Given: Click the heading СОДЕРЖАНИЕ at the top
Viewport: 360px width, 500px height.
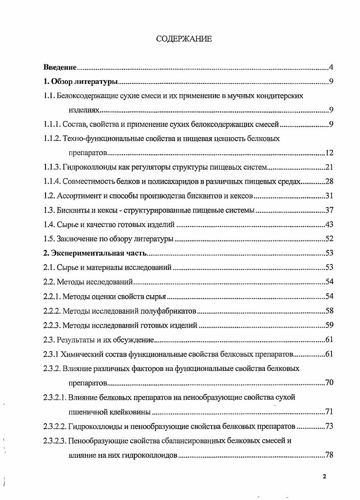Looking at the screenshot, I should click(x=184, y=39).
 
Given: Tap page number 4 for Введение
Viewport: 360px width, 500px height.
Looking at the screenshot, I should click(x=331, y=68).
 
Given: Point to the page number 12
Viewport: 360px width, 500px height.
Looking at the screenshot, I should click(x=329, y=153).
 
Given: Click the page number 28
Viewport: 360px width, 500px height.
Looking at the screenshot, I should click(x=329, y=182).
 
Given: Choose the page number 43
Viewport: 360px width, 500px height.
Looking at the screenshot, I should click(x=329, y=225).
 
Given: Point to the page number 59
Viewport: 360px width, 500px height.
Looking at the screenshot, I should click(x=329, y=325).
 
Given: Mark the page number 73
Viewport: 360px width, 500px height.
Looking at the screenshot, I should click(x=329, y=426).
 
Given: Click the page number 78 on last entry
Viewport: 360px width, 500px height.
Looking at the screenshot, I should click(x=329, y=455).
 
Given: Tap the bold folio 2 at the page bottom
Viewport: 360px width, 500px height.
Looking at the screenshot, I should click(x=324, y=477).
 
